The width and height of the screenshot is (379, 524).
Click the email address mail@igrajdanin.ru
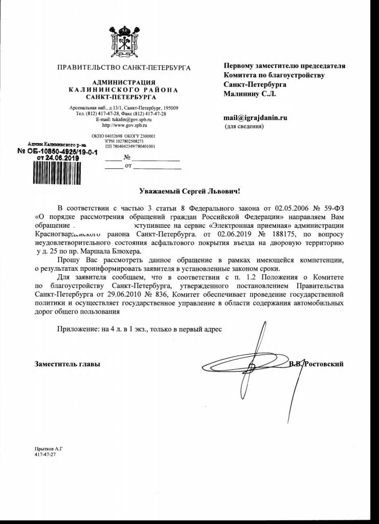click(x=255, y=117)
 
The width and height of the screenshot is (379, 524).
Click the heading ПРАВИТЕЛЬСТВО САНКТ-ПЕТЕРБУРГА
click(x=124, y=68)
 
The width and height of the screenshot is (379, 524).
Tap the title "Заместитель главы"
click(x=68, y=364)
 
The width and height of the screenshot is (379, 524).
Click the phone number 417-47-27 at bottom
click(x=45, y=454)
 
